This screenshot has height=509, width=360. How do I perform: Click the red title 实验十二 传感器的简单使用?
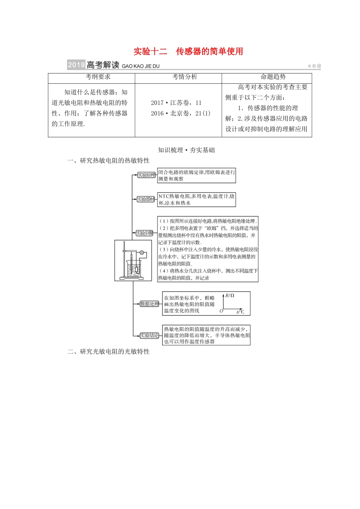(x=188, y=52)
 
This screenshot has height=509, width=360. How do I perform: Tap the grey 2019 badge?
(x=76, y=65)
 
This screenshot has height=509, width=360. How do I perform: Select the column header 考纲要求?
(x=98, y=77)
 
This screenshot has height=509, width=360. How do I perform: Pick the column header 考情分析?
(x=185, y=77)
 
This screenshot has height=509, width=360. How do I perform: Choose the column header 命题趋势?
(x=273, y=77)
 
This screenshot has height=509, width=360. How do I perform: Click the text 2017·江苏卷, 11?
(x=176, y=103)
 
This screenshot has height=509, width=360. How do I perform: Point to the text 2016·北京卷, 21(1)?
(x=180, y=113)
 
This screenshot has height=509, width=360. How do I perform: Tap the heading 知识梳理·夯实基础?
(x=186, y=150)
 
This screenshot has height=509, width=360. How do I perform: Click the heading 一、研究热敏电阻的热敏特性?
(x=108, y=161)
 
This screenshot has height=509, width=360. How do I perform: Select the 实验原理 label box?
(x=146, y=175)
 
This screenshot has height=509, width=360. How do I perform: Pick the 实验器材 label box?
(x=146, y=199)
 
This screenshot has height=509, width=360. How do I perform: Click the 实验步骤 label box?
(x=144, y=233)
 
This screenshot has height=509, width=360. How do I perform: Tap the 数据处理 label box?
(x=149, y=304)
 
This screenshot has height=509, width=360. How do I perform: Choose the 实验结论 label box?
(x=149, y=336)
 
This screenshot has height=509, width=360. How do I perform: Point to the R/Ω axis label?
(x=230, y=295)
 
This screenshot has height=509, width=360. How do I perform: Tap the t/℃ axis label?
(x=240, y=312)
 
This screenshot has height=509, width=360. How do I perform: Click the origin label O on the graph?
(x=221, y=311)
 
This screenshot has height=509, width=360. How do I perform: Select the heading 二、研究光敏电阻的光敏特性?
(x=108, y=351)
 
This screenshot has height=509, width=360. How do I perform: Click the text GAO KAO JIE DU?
(x=141, y=66)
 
